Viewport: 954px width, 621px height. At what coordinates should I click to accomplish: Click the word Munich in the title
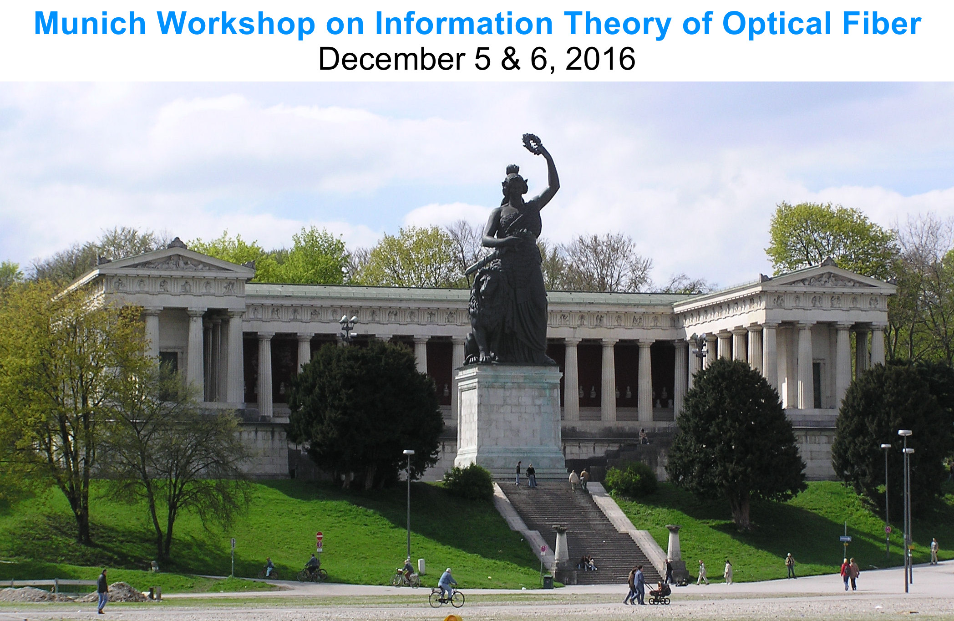click(90, 23)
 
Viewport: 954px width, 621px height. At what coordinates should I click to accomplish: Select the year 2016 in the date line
click(600, 59)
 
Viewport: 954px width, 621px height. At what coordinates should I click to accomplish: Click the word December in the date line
click(391, 59)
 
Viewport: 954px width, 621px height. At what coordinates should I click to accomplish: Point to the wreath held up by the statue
click(531, 143)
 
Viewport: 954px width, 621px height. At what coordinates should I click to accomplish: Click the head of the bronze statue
click(515, 178)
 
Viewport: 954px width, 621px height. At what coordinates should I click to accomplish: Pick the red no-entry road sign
click(320, 536)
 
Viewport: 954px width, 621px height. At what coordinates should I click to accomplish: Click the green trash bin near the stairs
click(548, 581)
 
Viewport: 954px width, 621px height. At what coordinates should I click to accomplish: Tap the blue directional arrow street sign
click(845, 539)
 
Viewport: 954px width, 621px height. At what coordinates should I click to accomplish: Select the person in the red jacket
click(845, 574)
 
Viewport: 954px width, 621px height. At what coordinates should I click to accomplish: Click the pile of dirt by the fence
click(116, 592)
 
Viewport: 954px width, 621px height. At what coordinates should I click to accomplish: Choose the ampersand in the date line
click(511, 59)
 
